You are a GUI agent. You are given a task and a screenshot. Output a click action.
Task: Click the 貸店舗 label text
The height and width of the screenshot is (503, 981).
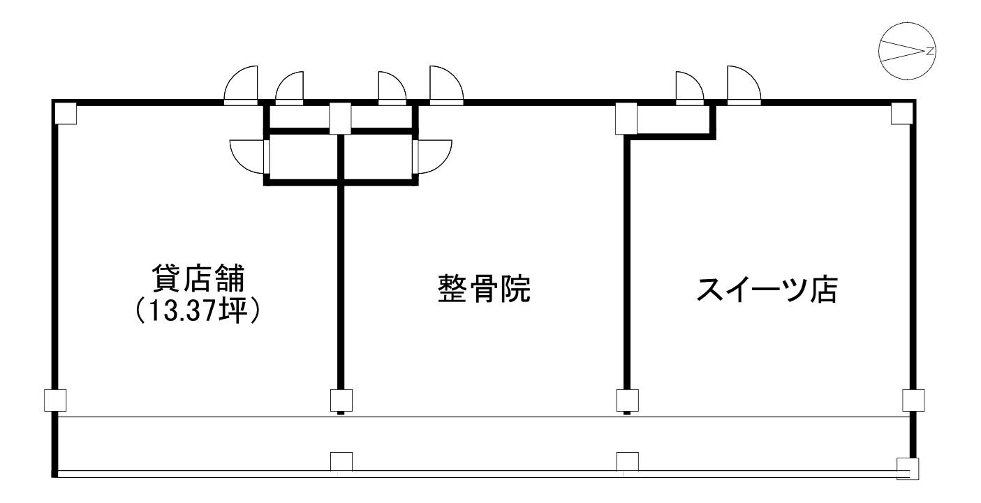198,278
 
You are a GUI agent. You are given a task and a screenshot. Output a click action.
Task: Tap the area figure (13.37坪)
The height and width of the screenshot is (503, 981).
198,311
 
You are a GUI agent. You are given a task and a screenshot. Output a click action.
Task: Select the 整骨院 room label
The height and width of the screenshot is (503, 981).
484,289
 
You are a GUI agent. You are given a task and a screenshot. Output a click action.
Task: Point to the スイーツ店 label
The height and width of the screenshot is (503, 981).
767,290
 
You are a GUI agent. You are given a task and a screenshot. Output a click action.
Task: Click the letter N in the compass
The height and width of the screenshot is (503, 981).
930,51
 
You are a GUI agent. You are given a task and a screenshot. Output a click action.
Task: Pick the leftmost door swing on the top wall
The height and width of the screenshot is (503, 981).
240,86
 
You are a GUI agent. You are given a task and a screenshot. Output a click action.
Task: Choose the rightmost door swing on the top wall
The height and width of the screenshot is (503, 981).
744,86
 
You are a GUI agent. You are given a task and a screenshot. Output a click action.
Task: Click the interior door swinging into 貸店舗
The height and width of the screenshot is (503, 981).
247,156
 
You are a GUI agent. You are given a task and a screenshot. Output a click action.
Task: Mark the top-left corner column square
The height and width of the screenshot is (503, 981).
65,114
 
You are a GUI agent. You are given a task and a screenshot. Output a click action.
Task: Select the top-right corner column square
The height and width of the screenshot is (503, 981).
902,114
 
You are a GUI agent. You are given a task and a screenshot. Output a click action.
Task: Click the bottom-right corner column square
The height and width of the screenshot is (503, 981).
908,468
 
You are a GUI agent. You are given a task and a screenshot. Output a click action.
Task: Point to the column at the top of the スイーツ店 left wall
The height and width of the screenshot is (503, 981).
626,118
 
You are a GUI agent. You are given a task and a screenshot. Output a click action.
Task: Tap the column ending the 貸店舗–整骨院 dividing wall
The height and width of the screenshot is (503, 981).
341,400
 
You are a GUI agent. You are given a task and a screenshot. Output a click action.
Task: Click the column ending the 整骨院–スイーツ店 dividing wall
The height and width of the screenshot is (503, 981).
627,400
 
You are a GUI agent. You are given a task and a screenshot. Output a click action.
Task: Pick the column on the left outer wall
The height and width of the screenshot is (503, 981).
55,400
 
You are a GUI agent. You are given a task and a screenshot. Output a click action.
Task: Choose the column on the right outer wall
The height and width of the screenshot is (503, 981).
913,400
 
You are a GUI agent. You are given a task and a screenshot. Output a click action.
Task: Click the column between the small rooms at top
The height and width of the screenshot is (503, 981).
340,118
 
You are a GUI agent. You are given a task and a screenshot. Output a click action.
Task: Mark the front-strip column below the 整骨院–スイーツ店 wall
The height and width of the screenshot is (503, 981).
627,463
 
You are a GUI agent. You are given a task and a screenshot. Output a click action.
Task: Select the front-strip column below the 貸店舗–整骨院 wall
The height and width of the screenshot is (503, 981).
341,463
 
